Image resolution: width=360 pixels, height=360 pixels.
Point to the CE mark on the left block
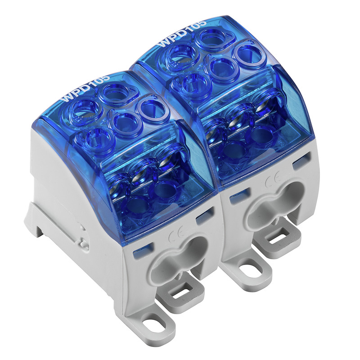172,236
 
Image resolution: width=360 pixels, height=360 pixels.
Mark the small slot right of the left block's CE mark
202,216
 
